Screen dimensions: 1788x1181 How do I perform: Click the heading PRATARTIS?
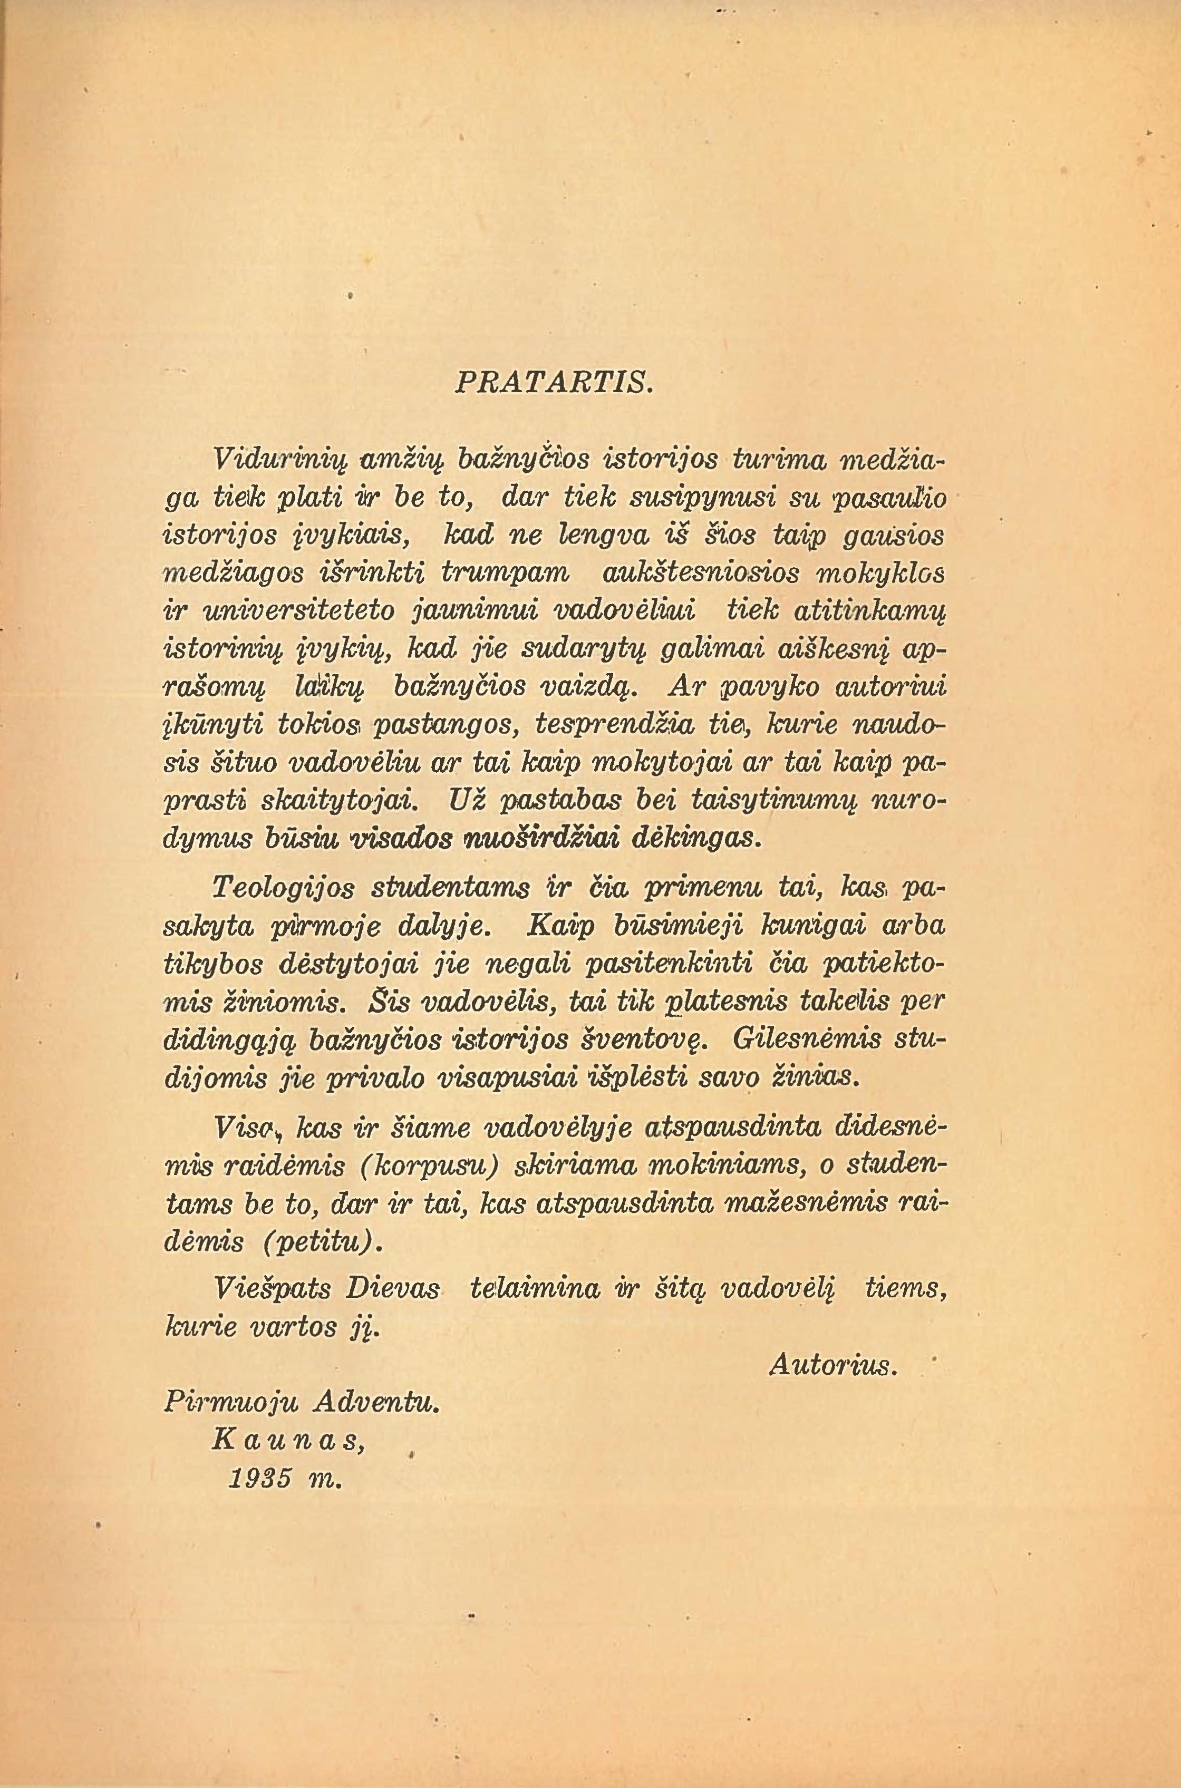(554, 383)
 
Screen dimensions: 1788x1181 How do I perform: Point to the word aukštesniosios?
(691, 571)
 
